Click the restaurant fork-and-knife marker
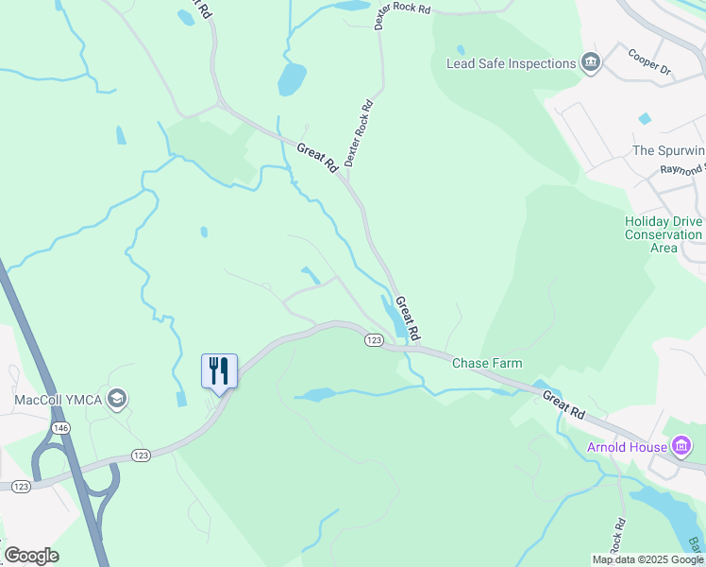coord(219,369)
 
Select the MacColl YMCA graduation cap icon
coord(118,399)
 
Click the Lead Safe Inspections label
coord(511,63)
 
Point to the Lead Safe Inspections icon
coord(592,63)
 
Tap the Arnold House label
coord(627,446)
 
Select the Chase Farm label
coord(487,363)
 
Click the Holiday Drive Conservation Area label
coord(664,234)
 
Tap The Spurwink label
coord(668,151)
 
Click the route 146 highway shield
coord(61,428)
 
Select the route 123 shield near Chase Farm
coord(375,340)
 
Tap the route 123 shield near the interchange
coord(141,455)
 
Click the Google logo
coord(31,556)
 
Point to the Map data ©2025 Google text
coord(647,559)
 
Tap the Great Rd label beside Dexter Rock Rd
coord(317,157)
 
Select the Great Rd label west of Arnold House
coord(563,404)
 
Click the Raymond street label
coord(682,169)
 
